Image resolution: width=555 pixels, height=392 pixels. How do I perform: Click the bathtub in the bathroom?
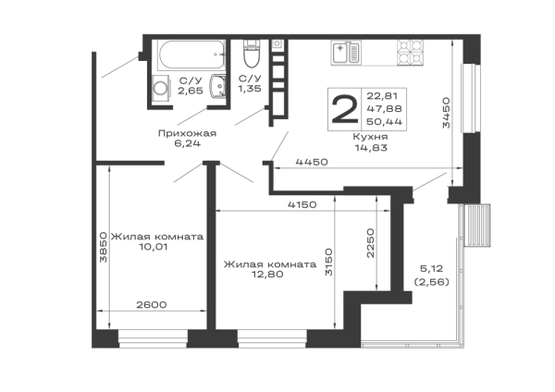(x=191, y=55)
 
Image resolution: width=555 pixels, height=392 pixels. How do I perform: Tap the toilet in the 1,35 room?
(x=251, y=54)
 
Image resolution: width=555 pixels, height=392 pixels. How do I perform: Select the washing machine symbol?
(x=161, y=90)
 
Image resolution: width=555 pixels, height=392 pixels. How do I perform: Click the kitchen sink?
(x=346, y=53)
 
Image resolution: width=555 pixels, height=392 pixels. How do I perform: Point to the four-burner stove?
(x=410, y=53)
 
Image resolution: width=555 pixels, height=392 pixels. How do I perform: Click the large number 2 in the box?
(x=344, y=110)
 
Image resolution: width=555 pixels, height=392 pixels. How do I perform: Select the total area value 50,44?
(x=385, y=122)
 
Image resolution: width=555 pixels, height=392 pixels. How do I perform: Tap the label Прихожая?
(x=187, y=134)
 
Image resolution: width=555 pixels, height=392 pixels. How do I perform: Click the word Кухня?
(x=371, y=137)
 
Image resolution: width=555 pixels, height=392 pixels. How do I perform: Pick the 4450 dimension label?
(x=312, y=163)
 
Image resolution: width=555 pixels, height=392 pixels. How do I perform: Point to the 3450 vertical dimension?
(x=446, y=113)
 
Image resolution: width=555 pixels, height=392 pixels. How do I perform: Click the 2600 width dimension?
(x=152, y=304)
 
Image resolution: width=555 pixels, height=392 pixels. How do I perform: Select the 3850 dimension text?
(x=103, y=247)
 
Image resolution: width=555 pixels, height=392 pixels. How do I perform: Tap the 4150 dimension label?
(x=302, y=204)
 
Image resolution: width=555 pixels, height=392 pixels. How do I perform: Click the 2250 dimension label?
(x=370, y=243)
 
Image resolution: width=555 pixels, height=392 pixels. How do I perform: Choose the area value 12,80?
(x=267, y=275)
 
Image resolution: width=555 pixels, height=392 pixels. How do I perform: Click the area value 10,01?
(x=154, y=247)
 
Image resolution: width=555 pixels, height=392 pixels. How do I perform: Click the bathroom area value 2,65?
(x=191, y=92)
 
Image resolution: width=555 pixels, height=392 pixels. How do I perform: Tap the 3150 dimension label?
(x=329, y=263)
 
